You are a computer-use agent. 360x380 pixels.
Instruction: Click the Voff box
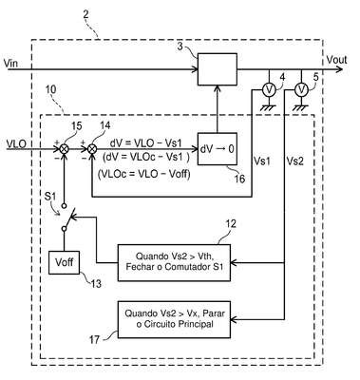64,262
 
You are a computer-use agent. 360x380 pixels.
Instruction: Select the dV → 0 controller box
218,149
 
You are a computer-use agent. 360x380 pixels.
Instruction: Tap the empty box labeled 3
218,69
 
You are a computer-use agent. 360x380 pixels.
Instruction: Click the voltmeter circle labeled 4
269,90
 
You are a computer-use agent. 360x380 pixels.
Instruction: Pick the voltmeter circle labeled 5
301,90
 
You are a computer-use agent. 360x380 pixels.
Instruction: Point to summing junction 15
65,148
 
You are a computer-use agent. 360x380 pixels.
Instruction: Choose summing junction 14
92,148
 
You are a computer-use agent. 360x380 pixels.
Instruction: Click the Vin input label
10,63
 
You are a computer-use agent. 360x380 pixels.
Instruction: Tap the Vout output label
336,60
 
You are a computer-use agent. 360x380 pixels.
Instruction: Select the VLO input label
16,143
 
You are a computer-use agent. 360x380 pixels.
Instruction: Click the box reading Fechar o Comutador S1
174,262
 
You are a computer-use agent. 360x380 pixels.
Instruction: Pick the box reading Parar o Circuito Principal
174,319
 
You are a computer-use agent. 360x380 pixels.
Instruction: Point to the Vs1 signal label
262,161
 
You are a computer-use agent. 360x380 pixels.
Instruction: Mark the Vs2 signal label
294,161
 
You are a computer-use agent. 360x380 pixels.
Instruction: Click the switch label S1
50,197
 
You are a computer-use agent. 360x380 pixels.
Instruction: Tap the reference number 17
94,340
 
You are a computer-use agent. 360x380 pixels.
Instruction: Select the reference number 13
96,284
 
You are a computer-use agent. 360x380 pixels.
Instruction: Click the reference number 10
50,89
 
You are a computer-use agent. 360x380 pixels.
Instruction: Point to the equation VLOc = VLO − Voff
144,174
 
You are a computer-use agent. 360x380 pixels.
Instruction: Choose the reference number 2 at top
85,14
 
